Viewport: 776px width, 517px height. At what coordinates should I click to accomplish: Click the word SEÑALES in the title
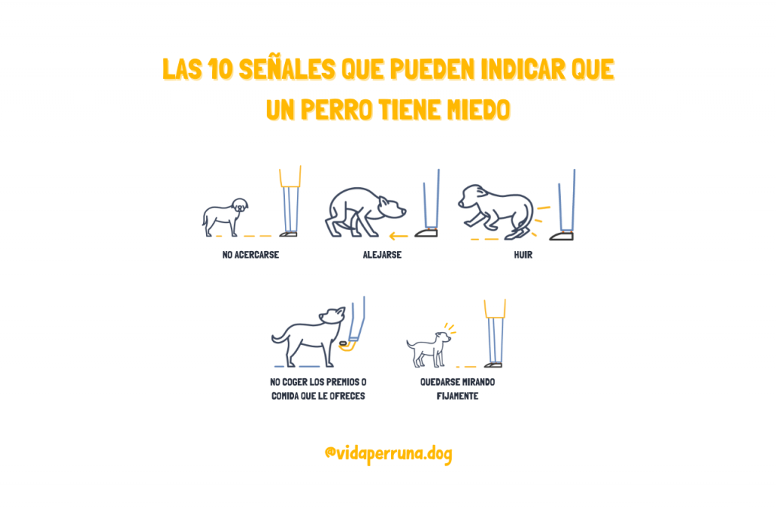pos(286,68)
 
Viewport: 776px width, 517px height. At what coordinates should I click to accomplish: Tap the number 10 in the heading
pos(220,68)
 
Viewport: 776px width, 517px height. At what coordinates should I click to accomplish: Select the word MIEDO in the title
pos(478,109)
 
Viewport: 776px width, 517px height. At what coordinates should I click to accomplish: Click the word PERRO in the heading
pos(336,109)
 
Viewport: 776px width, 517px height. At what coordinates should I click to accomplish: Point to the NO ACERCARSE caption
pos(250,255)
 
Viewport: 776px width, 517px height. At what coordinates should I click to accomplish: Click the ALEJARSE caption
pos(382,255)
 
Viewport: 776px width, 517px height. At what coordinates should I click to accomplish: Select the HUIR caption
pos(523,255)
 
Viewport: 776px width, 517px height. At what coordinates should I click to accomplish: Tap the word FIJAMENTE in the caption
pos(457,396)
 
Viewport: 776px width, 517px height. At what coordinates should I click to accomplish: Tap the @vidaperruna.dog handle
pos(389,453)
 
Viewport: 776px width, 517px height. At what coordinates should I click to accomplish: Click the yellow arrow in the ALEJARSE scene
pos(399,236)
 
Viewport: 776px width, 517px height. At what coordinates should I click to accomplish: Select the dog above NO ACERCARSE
pos(225,217)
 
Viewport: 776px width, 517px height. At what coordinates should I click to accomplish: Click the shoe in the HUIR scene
pos(562,237)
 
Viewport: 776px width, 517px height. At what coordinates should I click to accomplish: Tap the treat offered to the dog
pos(343,343)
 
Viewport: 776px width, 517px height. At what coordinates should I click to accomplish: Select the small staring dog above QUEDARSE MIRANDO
pos(429,349)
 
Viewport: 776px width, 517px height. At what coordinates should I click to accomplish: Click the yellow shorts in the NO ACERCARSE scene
pos(290,177)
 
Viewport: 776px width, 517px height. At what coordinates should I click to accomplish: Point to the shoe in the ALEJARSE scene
pos(426,233)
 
